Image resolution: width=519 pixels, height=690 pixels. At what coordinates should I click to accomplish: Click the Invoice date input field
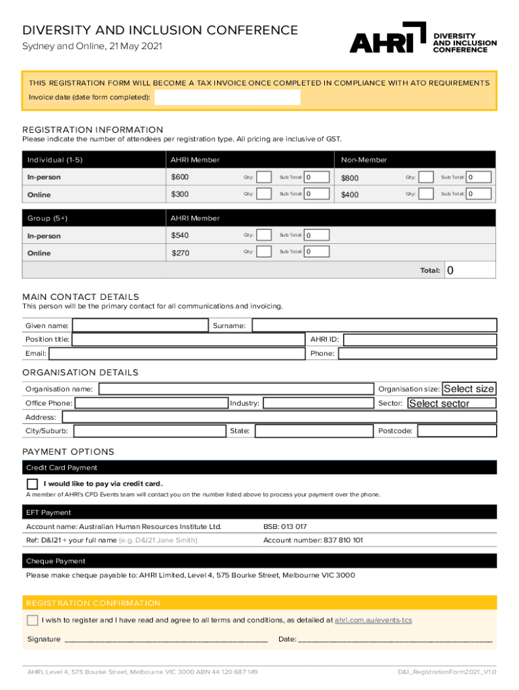click(227, 98)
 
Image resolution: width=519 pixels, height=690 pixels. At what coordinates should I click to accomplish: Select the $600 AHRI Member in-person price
click(180, 177)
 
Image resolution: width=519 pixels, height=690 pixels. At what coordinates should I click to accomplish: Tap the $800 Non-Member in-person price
click(350, 178)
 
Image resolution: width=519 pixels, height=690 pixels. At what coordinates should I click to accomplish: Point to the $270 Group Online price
click(181, 253)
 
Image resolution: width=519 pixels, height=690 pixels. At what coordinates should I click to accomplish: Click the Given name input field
click(140, 325)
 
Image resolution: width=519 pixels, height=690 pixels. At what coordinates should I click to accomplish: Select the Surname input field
click(374, 325)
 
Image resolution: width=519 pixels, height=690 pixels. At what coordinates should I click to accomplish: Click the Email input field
click(177, 353)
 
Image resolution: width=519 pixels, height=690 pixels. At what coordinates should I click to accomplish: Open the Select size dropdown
click(468, 389)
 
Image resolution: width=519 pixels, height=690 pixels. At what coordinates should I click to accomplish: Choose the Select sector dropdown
click(452, 403)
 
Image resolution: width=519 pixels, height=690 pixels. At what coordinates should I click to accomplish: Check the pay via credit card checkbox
click(32, 484)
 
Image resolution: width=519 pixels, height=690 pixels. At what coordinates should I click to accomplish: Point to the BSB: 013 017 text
click(285, 526)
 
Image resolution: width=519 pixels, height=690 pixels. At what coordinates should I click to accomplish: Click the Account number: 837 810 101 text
click(313, 540)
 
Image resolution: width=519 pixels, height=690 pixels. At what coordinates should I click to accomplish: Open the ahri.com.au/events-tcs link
click(373, 620)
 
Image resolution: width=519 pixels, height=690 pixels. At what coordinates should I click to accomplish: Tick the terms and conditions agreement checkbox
click(32, 620)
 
